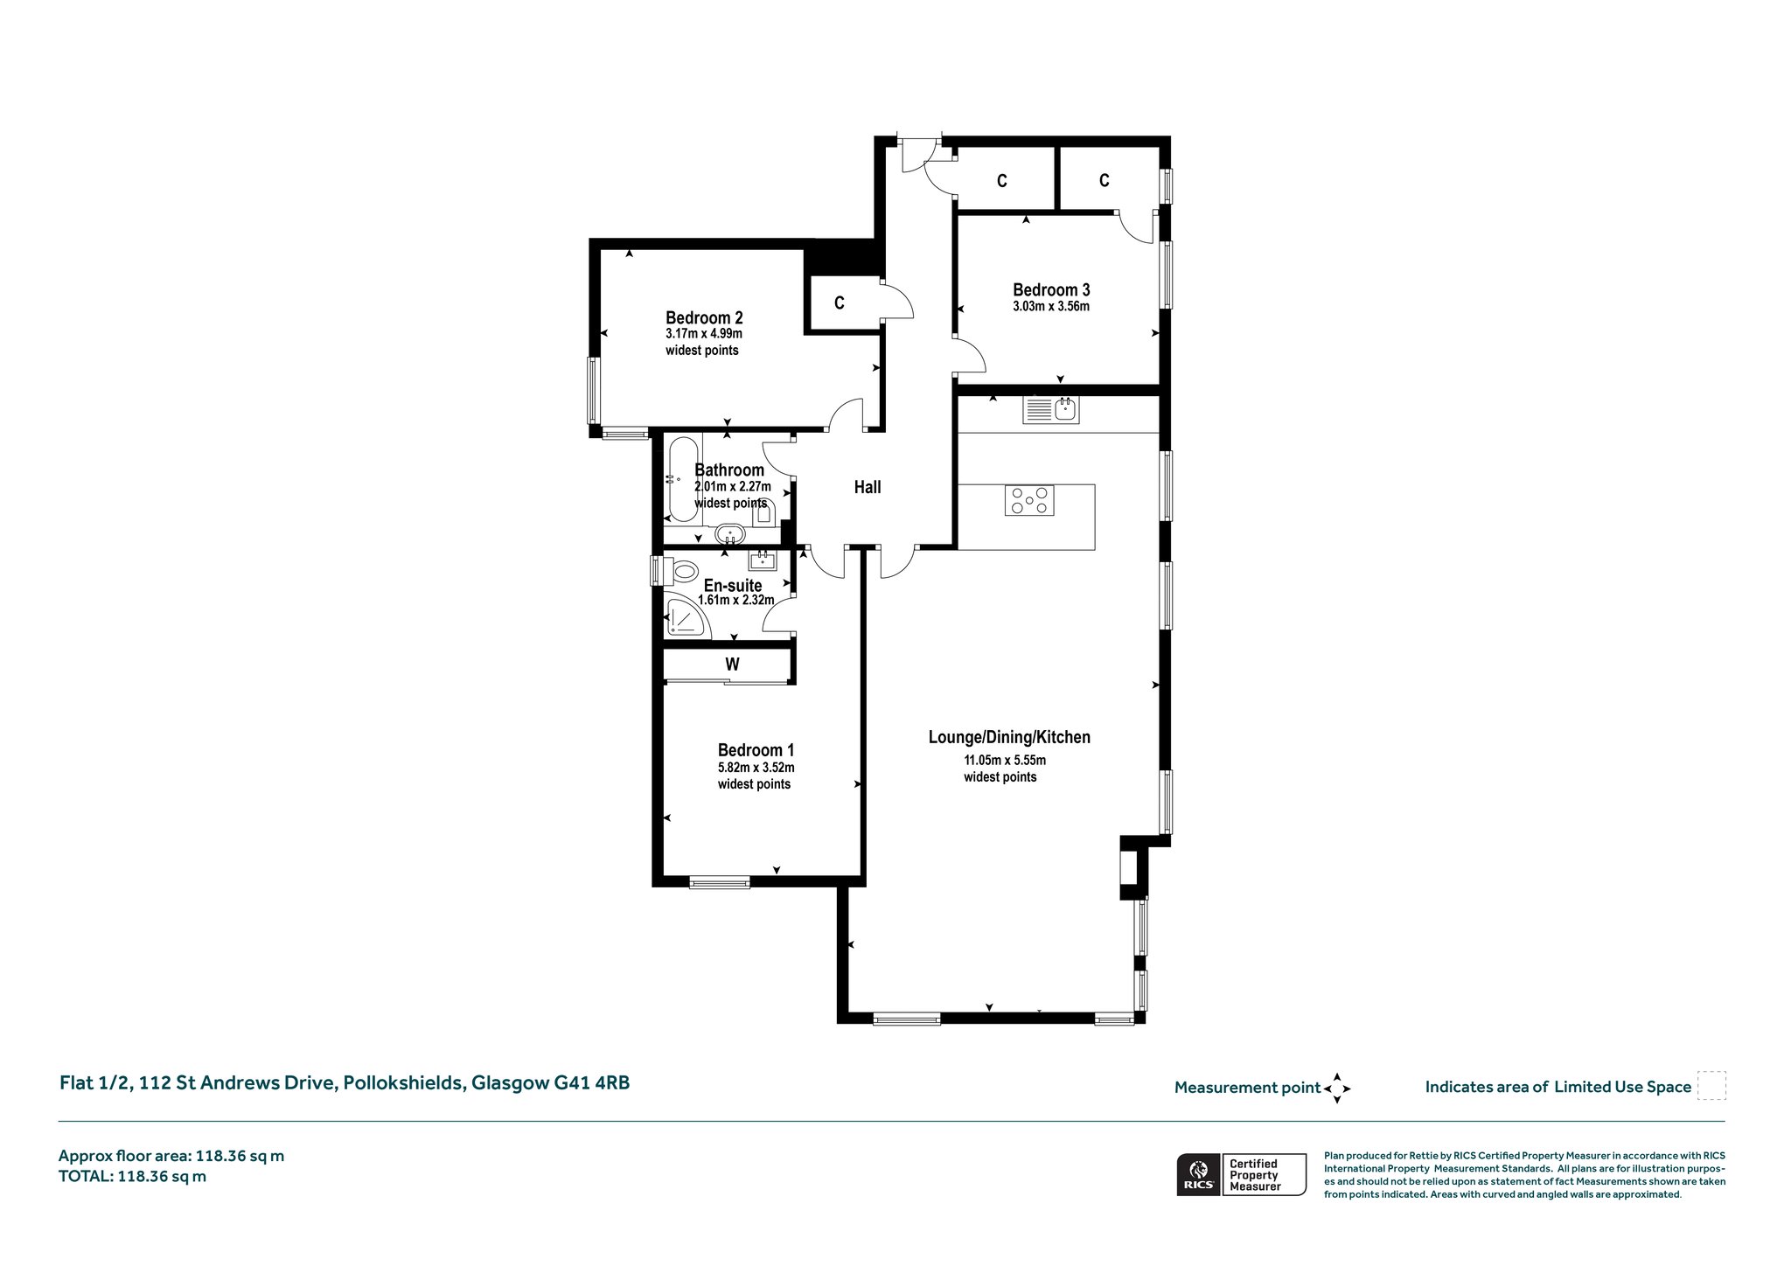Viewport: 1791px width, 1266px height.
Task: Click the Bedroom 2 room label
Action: click(704, 317)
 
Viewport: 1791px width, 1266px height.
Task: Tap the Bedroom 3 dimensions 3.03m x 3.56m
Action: click(1051, 307)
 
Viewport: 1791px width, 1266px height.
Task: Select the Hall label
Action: click(868, 487)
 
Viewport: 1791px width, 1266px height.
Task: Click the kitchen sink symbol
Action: click(1051, 410)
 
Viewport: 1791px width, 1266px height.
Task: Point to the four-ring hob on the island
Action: click(1029, 501)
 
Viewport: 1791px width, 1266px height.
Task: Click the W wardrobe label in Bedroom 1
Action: click(732, 664)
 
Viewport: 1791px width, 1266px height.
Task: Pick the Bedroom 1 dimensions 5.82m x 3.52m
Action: click(756, 768)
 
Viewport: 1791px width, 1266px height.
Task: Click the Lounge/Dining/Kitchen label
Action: click(1009, 737)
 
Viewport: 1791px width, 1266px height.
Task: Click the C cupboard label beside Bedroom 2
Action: click(840, 303)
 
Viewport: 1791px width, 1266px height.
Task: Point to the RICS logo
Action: click(1197, 1174)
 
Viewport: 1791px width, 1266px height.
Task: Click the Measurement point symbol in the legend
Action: click(1337, 1089)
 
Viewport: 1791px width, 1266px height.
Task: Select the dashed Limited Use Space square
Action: click(1711, 1086)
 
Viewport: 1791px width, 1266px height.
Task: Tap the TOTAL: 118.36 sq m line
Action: click(132, 1176)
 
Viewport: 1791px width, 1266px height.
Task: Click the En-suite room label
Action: click(733, 586)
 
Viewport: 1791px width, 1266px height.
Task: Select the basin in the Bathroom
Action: click(728, 533)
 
